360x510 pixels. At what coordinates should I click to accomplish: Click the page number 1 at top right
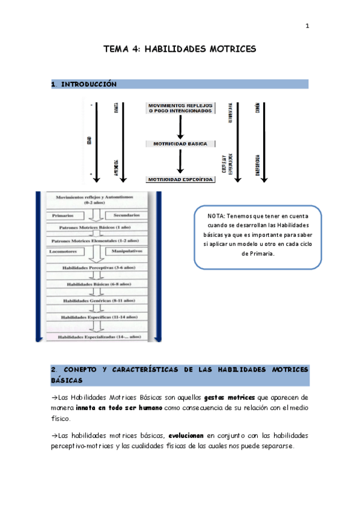click(x=307, y=26)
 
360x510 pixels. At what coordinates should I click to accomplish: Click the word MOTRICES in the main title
click(x=231, y=49)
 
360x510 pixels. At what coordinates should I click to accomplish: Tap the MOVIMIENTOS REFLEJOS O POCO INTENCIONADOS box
click(x=179, y=108)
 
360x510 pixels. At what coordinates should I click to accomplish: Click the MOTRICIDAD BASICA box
click(x=180, y=144)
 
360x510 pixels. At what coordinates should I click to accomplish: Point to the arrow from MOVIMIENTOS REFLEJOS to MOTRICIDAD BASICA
click(x=180, y=126)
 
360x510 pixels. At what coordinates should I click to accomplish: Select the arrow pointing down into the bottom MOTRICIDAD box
click(x=180, y=162)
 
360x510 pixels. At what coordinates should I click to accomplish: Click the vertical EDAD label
click(x=88, y=142)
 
